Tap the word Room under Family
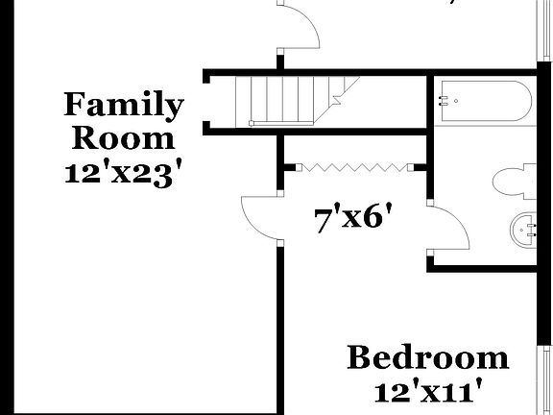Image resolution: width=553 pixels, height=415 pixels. coord(124,137)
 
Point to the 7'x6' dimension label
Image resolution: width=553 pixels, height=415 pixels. coord(355,219)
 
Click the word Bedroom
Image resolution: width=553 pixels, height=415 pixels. coord(427,358)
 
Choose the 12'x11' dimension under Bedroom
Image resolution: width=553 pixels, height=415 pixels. coord(427,392)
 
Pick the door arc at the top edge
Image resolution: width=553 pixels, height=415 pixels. coord(300,29)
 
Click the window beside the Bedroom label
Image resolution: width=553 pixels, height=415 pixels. coord(544,379)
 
